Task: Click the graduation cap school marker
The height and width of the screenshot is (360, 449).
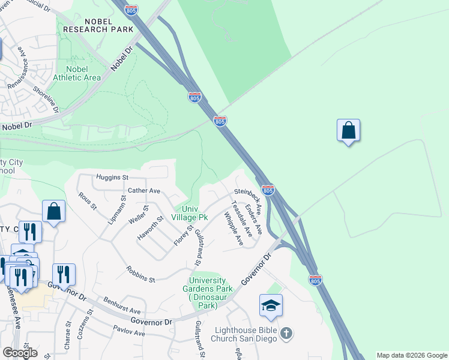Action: [x=271, y=306]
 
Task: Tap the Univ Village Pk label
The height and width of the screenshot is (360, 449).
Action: [x=190, y=213]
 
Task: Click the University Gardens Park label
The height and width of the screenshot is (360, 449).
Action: [x=207, y=293]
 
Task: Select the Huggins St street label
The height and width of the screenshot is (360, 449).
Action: [x=112, y=178]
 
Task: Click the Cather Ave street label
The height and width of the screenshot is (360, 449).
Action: [x=144, y=191]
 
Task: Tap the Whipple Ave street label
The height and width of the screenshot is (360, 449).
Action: [x=234, y=229]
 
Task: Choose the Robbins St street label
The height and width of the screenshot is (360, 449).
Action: [x=140, y=274]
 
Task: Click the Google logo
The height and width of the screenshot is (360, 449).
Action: [x=20, y=353]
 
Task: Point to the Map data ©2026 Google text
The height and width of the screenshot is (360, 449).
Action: [x=412, y=355]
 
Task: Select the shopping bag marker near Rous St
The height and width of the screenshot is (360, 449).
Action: [x=54, y=212]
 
